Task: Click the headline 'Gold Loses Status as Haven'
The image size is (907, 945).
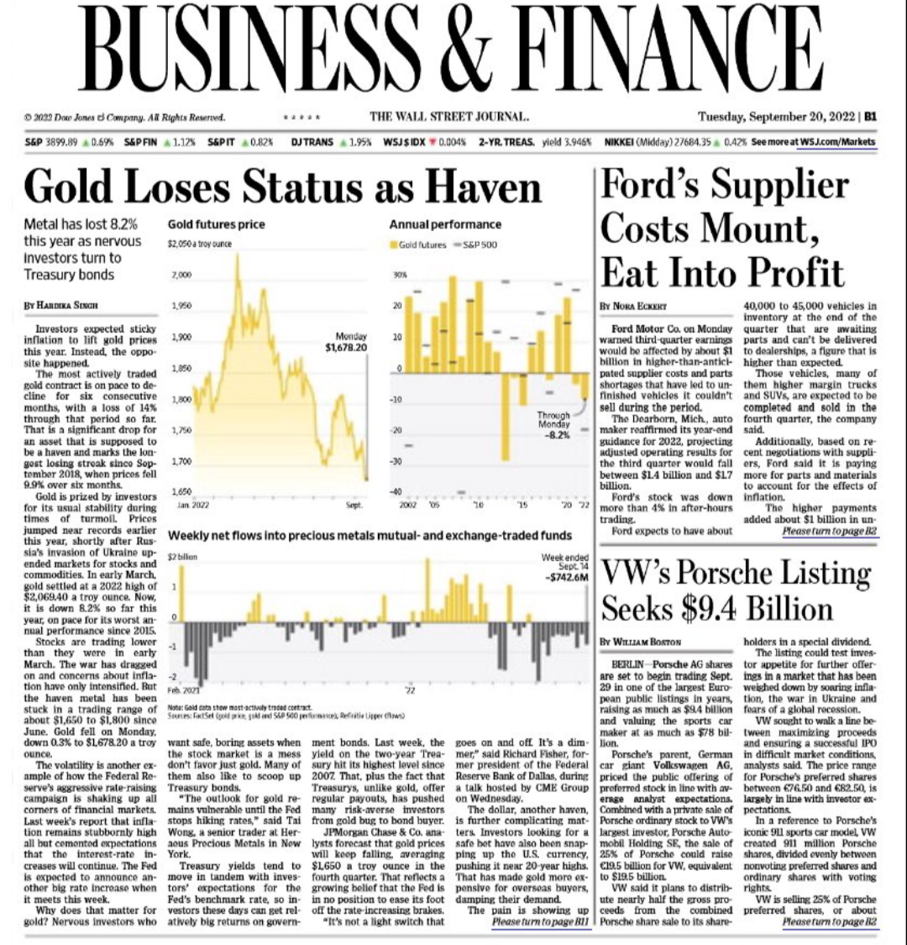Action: (283, 186)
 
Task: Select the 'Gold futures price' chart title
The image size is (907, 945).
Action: (216, 224)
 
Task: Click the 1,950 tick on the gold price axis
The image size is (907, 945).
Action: (181, 307)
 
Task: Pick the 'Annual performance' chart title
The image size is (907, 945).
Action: (445, 224)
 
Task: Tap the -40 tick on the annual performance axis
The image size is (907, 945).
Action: (399, 491)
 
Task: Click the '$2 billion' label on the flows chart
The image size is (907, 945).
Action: (184, 557)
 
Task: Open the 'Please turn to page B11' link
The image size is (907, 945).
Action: (541, 922)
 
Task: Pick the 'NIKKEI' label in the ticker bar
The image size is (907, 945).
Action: (621, 142)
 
